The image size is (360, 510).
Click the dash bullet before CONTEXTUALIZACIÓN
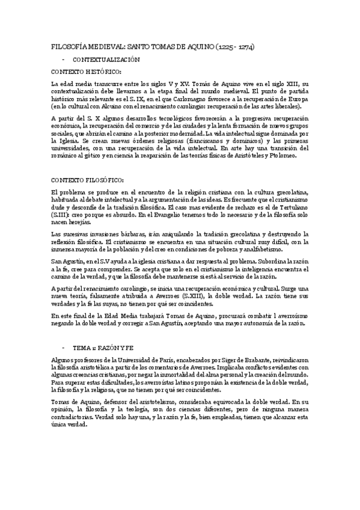pyautogui.click(x=63, y=60)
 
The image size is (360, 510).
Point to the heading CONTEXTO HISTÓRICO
pyautogui.click(x=86, y=72)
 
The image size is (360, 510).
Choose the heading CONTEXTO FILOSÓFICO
pyautogui.click(x=88, y=180)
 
